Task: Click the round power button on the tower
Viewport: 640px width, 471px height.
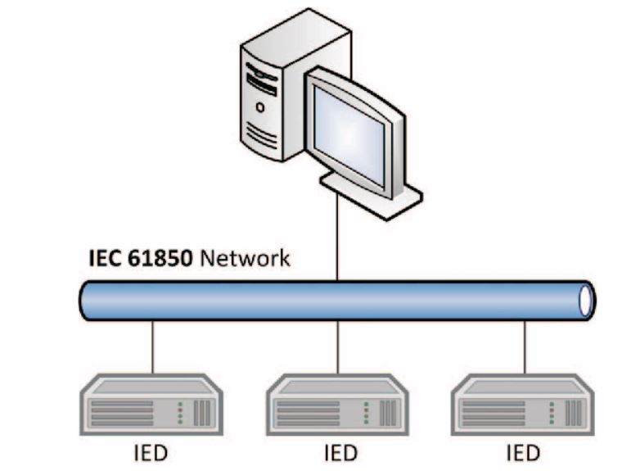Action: (260, 106)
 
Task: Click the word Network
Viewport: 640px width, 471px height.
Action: (246, 259)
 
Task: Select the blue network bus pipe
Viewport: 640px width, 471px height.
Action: (327, 301)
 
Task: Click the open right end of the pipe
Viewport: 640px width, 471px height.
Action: (586, 301)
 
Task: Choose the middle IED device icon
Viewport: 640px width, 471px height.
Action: (338, 403)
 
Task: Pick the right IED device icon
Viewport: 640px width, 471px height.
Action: (523, 403)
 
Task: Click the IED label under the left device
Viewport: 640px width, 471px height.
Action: (153, 452)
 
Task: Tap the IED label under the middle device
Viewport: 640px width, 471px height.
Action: (338, 452)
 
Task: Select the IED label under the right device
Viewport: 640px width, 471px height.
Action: (523, 452)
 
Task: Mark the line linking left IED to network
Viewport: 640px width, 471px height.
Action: (153, 348)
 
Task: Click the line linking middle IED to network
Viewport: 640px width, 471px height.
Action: (338, 348)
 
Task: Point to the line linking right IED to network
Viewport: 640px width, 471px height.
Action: (523, 348)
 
